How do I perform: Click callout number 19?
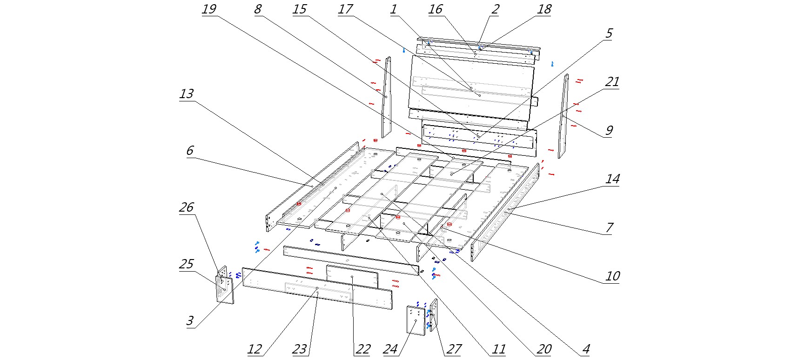click(209, 9)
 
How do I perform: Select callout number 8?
click(258, 9)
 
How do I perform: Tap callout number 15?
click(300, 9)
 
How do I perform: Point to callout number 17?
click(345, 9)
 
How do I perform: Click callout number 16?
click(436, 9)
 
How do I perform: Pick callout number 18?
click(544, 9)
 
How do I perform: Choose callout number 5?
click(609, 33)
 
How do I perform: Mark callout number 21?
click(612, 82)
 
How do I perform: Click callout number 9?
click(609, 131)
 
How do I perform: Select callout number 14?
click(612, 179)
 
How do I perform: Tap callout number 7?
click(609, 228)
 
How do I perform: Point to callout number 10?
click(612, 276)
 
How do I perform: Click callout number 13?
click(186, 94)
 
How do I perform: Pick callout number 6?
click(189, 151)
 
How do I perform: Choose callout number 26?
click(186, 207)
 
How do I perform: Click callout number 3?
click(190, 321)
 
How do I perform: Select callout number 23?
click(300, 349)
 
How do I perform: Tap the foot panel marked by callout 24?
click(416, 320)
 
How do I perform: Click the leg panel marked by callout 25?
click(225, 291)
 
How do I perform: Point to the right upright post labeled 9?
click(563, 116)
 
